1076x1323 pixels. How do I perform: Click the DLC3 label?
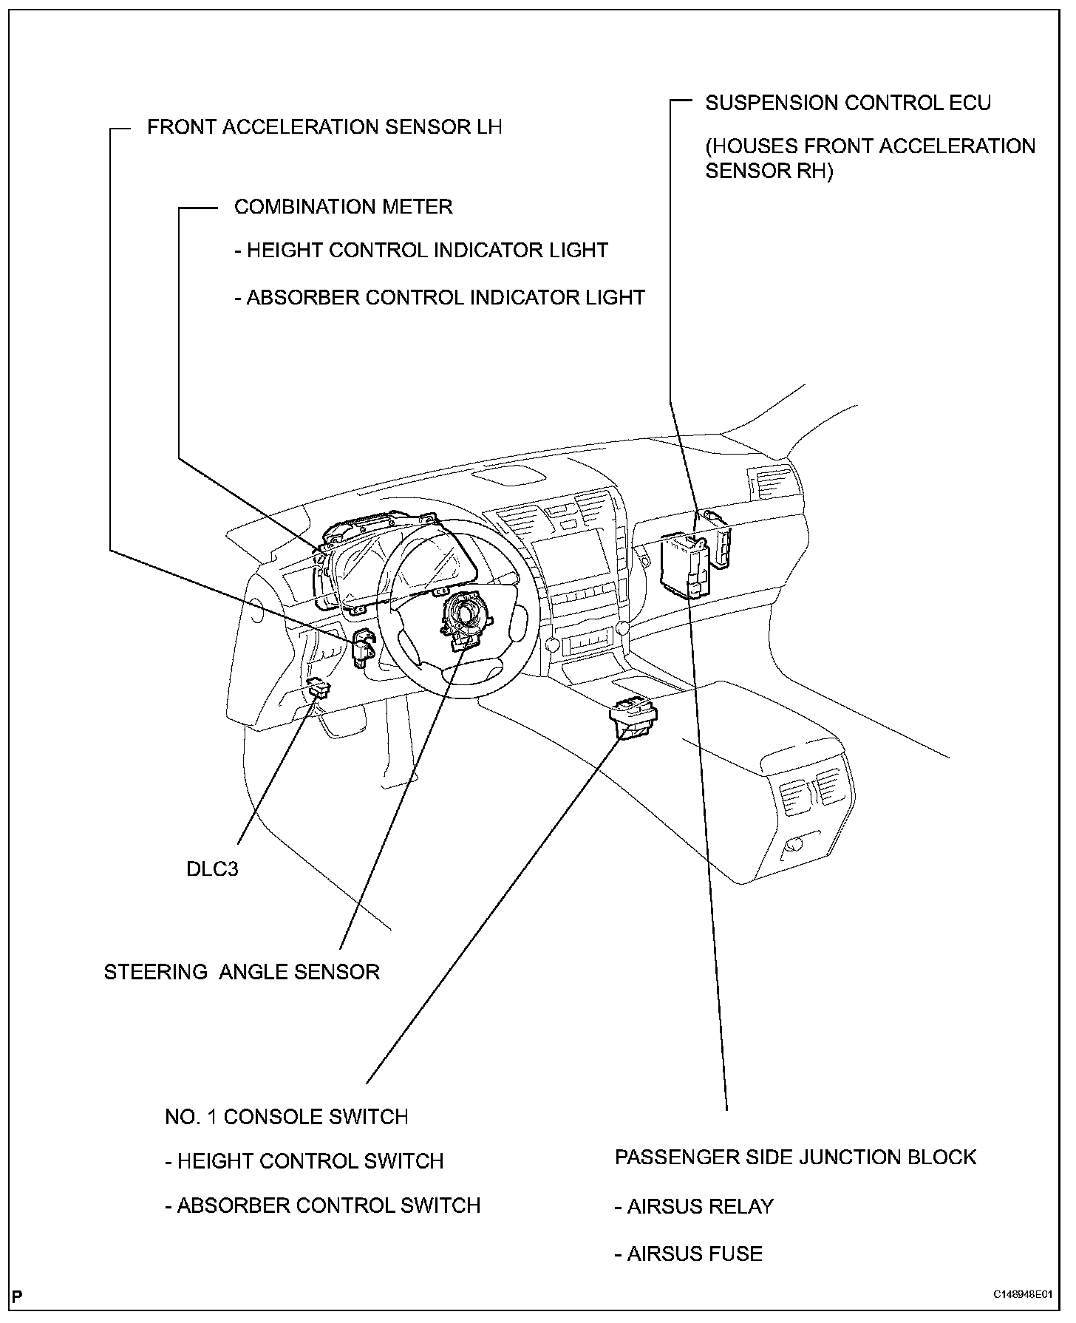tap(212, 868)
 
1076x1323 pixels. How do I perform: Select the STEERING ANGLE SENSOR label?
tap(242, 971)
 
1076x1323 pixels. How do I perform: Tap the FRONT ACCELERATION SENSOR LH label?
tap(324, 127)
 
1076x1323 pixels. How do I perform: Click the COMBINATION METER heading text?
tap(343, 206)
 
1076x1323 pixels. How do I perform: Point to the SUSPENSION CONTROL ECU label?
tap(848, 103)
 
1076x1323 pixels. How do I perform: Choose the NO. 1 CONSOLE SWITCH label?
tap(287, 1116)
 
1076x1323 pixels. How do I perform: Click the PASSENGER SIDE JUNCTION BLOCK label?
tap(795, 1157)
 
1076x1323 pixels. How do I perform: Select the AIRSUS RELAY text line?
tap(694, 1206)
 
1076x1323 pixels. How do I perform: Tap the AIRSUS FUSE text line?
tap(688, 1254)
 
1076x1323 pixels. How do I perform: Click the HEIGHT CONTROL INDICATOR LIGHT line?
tap(421, 251)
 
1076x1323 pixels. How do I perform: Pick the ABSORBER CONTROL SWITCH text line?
tap(323, 1205)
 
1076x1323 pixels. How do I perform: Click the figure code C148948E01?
tap(1022, 1294)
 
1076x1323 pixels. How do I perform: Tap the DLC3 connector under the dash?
tap(320, 689)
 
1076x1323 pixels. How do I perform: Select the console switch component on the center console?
tap(633, 717)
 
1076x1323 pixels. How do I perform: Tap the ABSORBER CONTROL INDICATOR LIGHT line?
tap(440, 297)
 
